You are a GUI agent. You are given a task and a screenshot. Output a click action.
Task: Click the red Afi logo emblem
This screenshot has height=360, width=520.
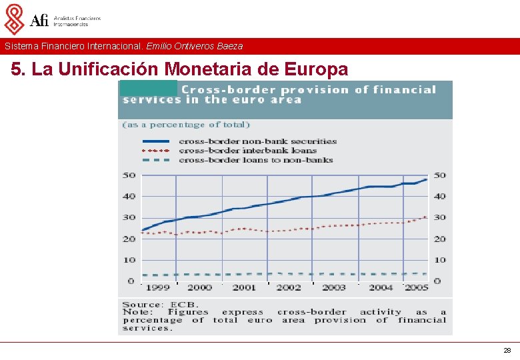pyautogui.click(x=14, y=19)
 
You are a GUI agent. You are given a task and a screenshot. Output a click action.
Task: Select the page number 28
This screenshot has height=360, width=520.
pyautogui.click(x=507, y=350)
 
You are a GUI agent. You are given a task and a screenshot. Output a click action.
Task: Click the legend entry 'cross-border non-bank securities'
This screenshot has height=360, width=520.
pyautogui.click(x=257, y=141)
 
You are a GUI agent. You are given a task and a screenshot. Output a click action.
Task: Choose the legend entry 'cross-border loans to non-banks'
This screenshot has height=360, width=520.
pyautogui.click(x=255, y=160)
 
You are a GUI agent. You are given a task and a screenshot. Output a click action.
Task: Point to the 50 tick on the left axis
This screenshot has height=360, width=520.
pyautogui.click(x=129, y=175)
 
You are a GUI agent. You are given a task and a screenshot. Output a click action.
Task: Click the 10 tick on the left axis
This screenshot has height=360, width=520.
pyautogui.click(x=129, y=260)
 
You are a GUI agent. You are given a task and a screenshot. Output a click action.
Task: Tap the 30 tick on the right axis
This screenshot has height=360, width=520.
pyautogui.click(x=439, y=218)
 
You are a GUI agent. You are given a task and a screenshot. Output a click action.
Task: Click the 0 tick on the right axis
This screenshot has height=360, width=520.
pyautogui.click(x=437, y=281)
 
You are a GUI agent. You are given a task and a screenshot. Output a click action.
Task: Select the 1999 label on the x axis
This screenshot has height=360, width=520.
pyautogui.click(x=157, y=287)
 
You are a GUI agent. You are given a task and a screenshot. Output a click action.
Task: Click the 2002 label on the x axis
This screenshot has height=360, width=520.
pyautogui.click(x=289, y=287)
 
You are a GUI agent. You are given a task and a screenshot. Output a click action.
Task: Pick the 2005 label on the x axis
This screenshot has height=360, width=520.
pyautogui.click(x=417, y=287)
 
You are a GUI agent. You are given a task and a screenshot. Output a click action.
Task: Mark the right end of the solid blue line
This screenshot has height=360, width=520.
pyautogui.click(x=427, y=179)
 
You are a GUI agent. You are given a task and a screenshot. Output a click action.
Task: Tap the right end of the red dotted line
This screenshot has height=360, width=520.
pyautogui.click(x=427, y=217)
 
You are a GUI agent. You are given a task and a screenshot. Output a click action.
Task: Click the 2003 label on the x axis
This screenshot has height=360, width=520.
pyautogui.click(x=334, y=287)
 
